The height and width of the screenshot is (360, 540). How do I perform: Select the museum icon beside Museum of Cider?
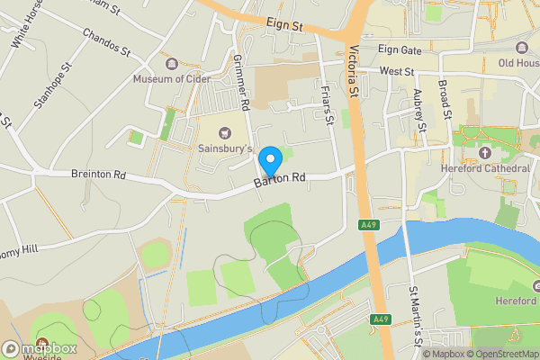tap(171, 62)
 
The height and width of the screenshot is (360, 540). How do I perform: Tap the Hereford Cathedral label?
tap(485, 168)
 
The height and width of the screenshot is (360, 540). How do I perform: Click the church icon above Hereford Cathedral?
tap(486, 153)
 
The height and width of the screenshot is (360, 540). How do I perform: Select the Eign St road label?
tap(284, 24)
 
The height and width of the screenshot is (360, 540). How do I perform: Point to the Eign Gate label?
tap(400, 49)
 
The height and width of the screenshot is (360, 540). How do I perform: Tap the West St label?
tap(396, 70)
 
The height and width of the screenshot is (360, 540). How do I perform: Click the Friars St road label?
tap(328, 102)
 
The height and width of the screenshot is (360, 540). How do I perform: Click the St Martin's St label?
tap(415, 315)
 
